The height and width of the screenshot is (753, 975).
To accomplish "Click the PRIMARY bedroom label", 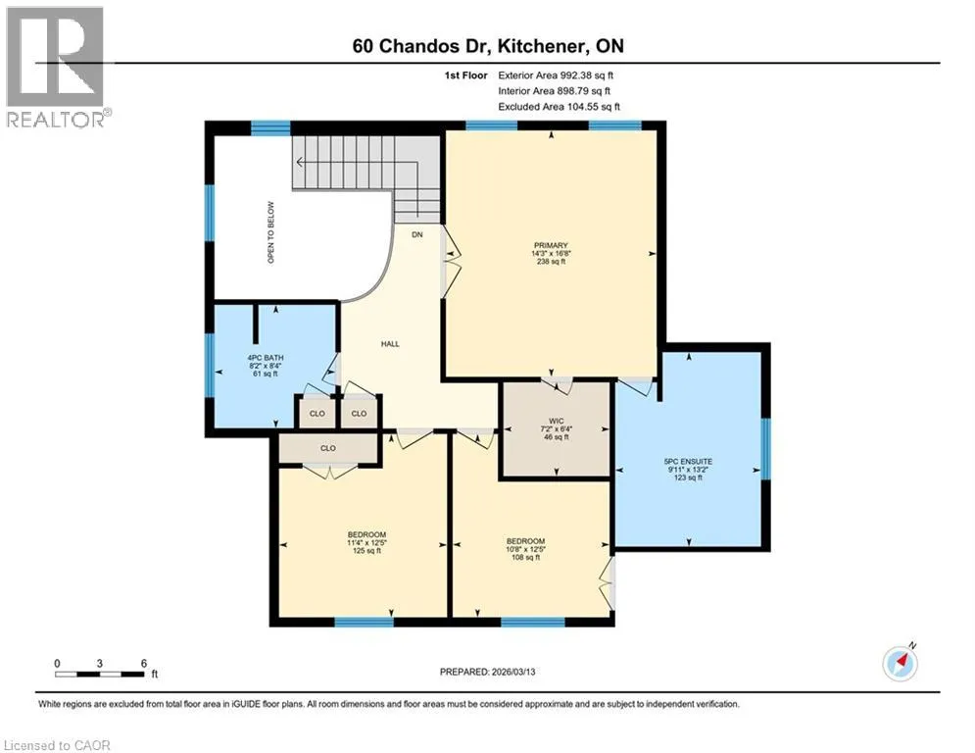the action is click(551, 245).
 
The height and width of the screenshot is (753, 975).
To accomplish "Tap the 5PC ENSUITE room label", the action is click(688, 462).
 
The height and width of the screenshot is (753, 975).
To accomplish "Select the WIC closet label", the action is click(557, 422).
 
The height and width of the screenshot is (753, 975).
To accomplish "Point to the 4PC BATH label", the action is click(266, 358).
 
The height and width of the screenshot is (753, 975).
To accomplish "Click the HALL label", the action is click(391, 343).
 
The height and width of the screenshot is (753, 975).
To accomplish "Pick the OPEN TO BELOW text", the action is click(271, 232).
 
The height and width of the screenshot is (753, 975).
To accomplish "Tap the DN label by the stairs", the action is click(417, 234).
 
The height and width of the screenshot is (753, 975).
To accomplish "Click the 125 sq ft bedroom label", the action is click(366, 542).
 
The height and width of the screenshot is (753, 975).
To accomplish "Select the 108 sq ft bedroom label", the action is click(525, 549).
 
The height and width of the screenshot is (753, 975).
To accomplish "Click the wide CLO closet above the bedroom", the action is click(328, 448).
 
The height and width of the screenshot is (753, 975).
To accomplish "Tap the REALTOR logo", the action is click(55, 67).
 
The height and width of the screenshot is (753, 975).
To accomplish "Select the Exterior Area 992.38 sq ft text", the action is click(556, 75).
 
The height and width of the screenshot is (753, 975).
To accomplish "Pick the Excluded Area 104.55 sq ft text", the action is click(559, 107).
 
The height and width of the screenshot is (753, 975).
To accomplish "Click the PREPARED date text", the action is click(488, 672).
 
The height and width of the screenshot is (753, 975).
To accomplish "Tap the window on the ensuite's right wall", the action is click(766, 449).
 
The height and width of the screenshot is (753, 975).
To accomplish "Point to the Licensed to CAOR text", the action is click(57, 745).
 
